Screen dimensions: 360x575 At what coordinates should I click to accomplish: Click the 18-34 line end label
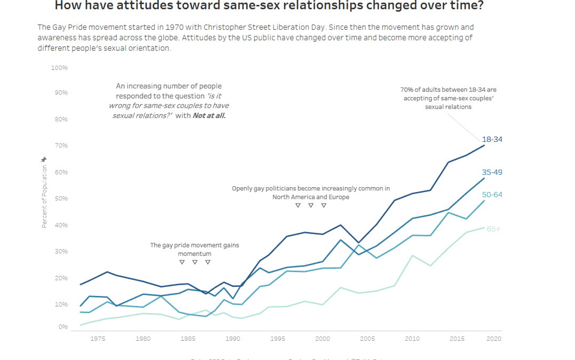(x=492, y=140)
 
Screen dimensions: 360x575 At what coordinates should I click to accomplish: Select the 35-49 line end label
(x=492, y=172)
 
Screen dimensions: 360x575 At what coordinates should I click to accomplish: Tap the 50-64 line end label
(x=492, y=195)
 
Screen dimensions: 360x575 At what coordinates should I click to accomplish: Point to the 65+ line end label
(x=493, y=229)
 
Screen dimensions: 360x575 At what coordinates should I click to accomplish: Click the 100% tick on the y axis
(x=59, y=68)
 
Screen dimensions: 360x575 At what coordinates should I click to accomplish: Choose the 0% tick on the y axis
(x=62, y=327)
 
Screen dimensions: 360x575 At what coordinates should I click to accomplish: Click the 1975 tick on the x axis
(x=98, y=339)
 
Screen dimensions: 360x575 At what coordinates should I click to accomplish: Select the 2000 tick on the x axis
(x=322, y=339)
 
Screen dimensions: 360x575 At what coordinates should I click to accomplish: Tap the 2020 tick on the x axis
(x=493, y=339)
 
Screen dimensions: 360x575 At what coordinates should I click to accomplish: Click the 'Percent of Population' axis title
(x=44, y=196)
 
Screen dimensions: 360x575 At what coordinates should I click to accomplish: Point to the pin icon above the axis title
(x=44, y=159)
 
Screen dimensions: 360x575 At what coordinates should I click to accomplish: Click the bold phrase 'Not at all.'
(x=209, y=115)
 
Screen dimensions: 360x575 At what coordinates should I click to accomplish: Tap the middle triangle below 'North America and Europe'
(x=310, y=205)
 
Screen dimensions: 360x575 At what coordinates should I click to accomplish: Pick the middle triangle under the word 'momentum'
(x=195, y=262)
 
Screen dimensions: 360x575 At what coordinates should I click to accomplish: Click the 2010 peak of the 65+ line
(x=412, y=255)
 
